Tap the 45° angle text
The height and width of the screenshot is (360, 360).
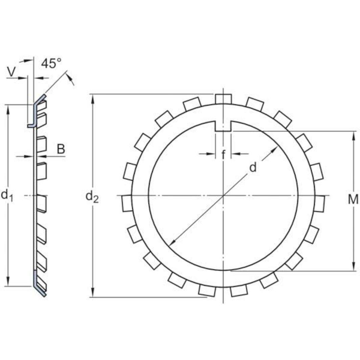(x=51, y=63)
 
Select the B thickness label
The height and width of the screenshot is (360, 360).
(x=61, y=149)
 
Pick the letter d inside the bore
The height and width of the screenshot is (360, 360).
(x=253, y=167)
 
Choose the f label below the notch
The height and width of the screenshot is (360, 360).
(x=223, y=155)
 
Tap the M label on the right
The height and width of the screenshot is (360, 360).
(x=353, y=200)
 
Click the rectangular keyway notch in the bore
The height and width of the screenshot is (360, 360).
(x=223, y=126)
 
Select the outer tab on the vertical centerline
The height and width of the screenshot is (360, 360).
(x=223, y=99)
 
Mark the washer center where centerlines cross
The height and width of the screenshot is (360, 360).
(x=223, y=196)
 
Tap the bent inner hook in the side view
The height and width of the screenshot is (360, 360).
(x=31, y=125)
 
